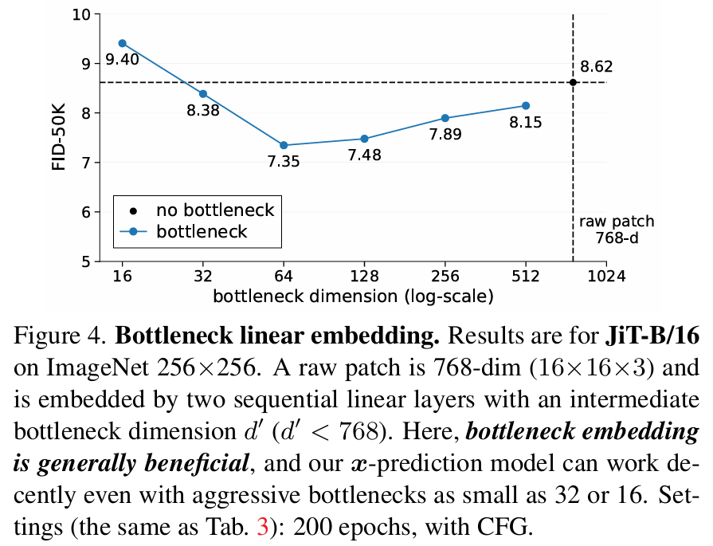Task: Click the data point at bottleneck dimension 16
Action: [x=122, y=43]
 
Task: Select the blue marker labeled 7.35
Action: [x=284, y=145]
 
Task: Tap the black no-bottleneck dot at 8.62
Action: [x=573, y=82]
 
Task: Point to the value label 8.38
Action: [x=203, y=112]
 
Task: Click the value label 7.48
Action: [x=364, y=155]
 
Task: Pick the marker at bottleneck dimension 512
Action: [x=526, y=105]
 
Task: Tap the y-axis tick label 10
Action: [x=80, y=14]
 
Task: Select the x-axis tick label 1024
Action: [x=606, y=277]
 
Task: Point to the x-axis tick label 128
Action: [x=364, y=277]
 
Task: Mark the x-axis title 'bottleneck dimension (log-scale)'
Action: [x=353, y=297]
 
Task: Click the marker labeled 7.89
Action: [x=445, y=118]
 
